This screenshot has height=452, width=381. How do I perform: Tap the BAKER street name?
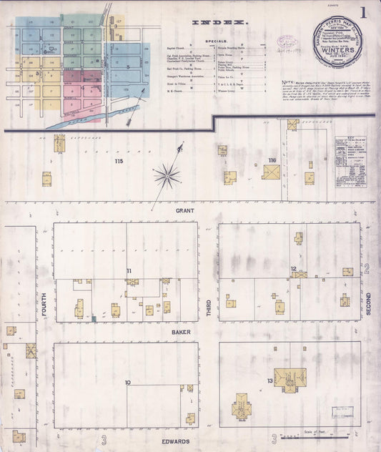pyautogui.click(x=179, y=332)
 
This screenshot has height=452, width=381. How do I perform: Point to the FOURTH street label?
pyautogui.click(x=44, y=312)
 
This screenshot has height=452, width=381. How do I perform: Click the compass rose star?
pyautogui.click(x=167, y=173)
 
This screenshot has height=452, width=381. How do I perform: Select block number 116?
pyautogui.click(x=272, y=159)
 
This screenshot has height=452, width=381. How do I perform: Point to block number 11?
pyautogui.click(x=129, y=270)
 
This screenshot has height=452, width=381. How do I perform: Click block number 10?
pyautogui.click(x=127, y=383)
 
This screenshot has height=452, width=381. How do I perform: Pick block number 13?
pyautogui.click(x=270, y=380)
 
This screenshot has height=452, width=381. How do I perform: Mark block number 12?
pyautogui.click(x=294, y=269)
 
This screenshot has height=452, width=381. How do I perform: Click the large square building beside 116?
pyautogui.click(x=271, y=172)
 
